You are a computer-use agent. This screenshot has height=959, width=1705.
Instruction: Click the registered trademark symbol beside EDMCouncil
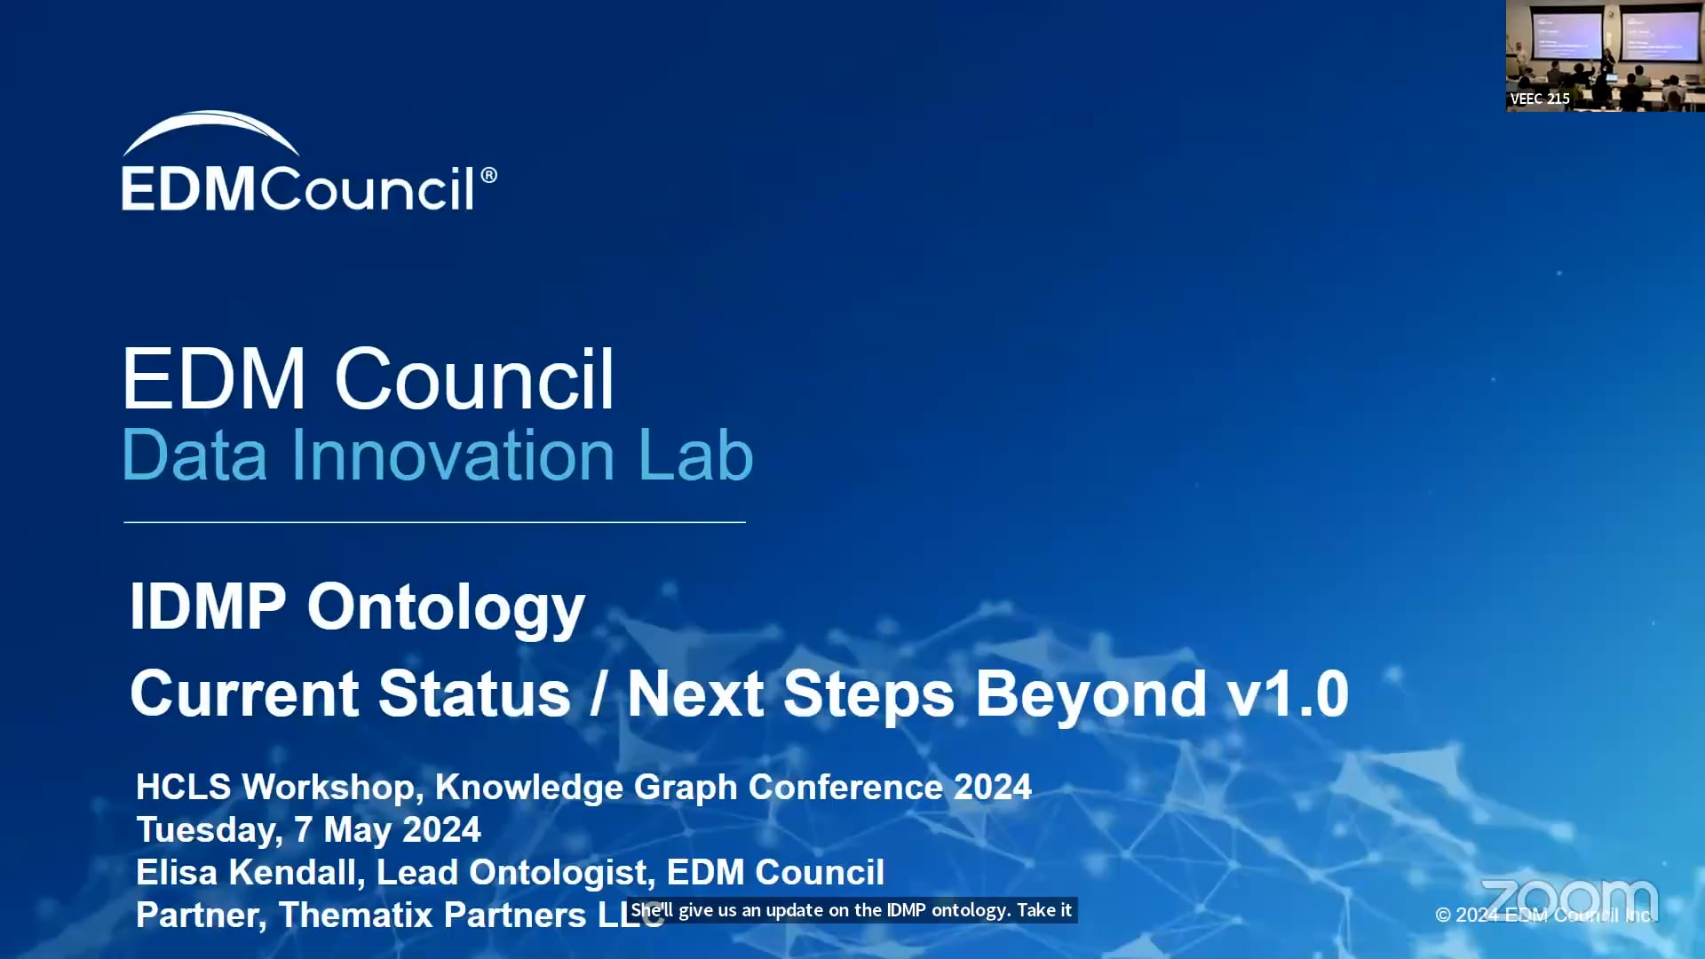point(488,175)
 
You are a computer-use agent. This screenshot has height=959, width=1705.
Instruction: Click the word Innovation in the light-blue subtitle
point(453,456)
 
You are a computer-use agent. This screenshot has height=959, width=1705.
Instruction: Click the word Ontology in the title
point(446,609)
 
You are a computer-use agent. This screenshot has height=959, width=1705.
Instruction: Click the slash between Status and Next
point(599,694)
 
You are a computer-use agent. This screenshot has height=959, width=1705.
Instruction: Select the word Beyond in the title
point(1090,694)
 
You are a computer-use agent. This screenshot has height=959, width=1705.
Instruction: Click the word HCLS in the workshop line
point(184,787)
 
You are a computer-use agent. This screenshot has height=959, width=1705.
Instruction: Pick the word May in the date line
point(357,830)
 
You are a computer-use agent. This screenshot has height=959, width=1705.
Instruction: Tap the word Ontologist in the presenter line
point(562,873)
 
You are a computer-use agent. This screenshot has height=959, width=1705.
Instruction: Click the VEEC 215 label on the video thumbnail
point(1540,99)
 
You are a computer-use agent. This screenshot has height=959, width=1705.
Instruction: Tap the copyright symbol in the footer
point(1443,915)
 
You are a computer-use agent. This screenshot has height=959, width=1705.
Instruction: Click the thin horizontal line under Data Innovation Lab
point(434,522)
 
